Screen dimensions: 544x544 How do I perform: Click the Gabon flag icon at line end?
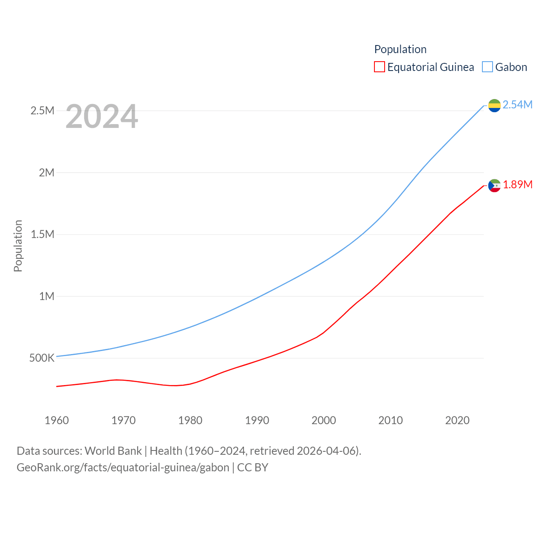click(494, 105)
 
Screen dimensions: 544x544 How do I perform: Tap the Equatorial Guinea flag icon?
click(494, 186)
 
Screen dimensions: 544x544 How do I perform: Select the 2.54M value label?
click(517, 105)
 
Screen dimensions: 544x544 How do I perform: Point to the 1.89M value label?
click(517, 184)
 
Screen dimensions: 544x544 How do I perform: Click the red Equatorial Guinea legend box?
click(380, 67)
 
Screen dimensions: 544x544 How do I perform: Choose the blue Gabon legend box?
click(487, 67)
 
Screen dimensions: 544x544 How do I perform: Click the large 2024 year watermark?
click(102, 116)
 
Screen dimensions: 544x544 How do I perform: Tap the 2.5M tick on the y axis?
click(42, 111)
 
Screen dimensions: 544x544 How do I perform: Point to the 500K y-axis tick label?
click(42, 358)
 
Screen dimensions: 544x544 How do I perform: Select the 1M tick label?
click(47, 296)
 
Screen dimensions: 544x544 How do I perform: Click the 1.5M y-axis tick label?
click(42, 235)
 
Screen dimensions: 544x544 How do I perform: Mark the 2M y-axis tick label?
click(47, 173)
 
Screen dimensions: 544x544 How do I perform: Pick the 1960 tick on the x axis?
click(57, 420)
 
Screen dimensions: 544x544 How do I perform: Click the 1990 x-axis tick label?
click(257, 420)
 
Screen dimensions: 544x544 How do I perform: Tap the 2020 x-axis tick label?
click(457, 420)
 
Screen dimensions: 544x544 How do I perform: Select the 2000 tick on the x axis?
click(324, 420)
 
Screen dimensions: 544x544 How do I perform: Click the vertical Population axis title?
click(18, 246)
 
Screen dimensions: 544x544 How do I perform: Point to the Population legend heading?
click(400, 49)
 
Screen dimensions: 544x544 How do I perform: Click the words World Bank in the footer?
click(113, 451)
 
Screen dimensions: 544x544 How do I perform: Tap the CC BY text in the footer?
click(253, 467)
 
